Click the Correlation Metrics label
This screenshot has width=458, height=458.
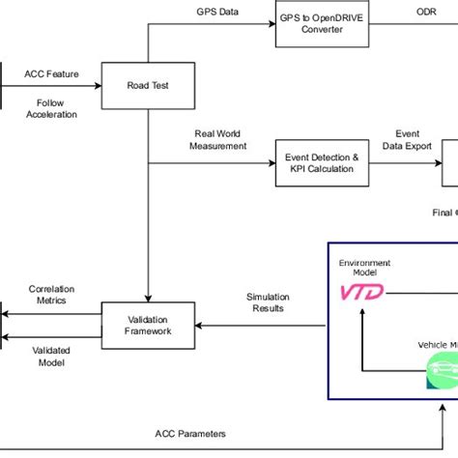[52, 295]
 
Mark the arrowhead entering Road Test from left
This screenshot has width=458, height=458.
[98, 84]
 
